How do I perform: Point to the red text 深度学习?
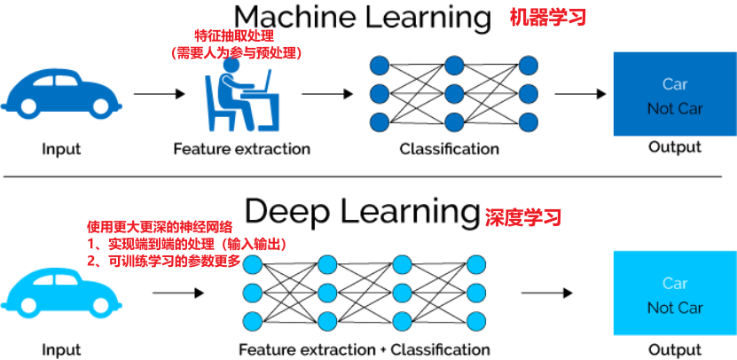click(x=523, y=215)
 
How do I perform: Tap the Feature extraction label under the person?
click(x=242, y=148)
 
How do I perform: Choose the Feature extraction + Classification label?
click(x=365, y=349)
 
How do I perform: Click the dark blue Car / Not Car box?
click(x=675, y=93)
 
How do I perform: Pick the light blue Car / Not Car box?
click(x=675, y=293)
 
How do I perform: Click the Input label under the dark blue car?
click(x=61, y=148)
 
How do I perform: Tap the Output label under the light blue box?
click(x=675, y=348)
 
